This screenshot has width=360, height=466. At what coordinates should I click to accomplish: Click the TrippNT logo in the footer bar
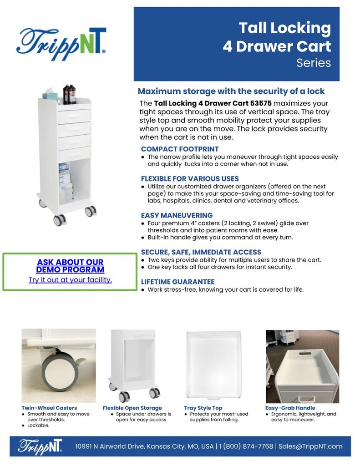coord(40,446)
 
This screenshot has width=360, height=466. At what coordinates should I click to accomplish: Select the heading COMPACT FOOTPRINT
coord(179,149)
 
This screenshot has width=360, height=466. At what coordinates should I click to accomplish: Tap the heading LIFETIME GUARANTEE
coord(177,282)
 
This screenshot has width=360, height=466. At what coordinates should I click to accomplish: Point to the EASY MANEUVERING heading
coord(177,215)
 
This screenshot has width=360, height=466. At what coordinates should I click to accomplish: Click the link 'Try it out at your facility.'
coord(70,280)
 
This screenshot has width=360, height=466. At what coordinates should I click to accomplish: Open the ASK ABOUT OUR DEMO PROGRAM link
coord(70,266)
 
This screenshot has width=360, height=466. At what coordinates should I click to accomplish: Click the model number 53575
coord(261,103)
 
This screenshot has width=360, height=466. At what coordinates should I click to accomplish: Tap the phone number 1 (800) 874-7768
coord(246,446)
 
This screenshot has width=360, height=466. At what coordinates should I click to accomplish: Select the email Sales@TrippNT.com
coord(310,446)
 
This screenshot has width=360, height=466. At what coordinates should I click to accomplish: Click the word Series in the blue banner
coord(314,63)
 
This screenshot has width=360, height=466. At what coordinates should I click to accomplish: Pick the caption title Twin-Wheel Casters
coord(49,408)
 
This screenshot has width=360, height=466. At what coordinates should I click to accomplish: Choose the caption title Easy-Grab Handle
coord(290,408)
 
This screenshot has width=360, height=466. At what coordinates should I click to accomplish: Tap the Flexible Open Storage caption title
coord(132,408)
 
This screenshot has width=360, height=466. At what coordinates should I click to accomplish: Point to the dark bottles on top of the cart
coord(70,94)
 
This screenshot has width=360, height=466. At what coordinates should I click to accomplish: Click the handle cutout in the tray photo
coord(305,353)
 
